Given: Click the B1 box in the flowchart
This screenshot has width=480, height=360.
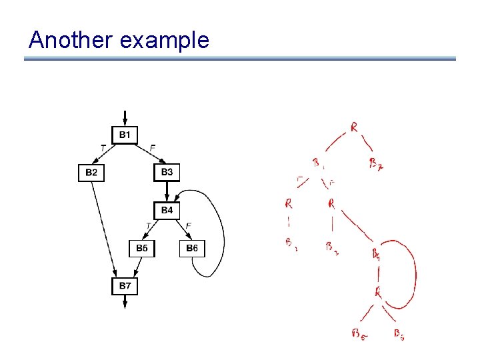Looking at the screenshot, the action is (x=125, y=135).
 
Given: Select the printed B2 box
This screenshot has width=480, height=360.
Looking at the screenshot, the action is (x=91, y=173).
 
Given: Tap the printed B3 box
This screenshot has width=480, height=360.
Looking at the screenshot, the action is (x=167, y=173).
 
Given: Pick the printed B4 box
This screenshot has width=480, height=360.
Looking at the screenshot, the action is (x=167, y=210).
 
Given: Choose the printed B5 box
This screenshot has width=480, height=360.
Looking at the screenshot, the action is (x=141, y=248).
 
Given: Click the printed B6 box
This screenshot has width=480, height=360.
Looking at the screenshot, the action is (x=192, y=248).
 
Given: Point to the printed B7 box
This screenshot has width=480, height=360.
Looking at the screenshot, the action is (x=125, y=286).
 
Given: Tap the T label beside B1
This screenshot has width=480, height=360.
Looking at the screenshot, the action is (x=102, y=147).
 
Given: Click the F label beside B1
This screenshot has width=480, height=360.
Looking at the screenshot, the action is (x=153, y=147).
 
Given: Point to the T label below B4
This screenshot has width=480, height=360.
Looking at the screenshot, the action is (x=148, y=226).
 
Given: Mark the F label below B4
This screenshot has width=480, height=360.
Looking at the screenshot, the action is (x=189, y=226).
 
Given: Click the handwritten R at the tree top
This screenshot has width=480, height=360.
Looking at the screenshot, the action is (x=354, y=127).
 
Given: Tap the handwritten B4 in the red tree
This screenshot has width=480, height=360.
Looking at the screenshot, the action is (x=376, y=253).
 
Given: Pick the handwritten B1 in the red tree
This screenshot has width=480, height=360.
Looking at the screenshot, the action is (x=318, y=162).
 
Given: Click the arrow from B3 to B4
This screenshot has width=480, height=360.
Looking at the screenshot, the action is (x=167, y=191).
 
